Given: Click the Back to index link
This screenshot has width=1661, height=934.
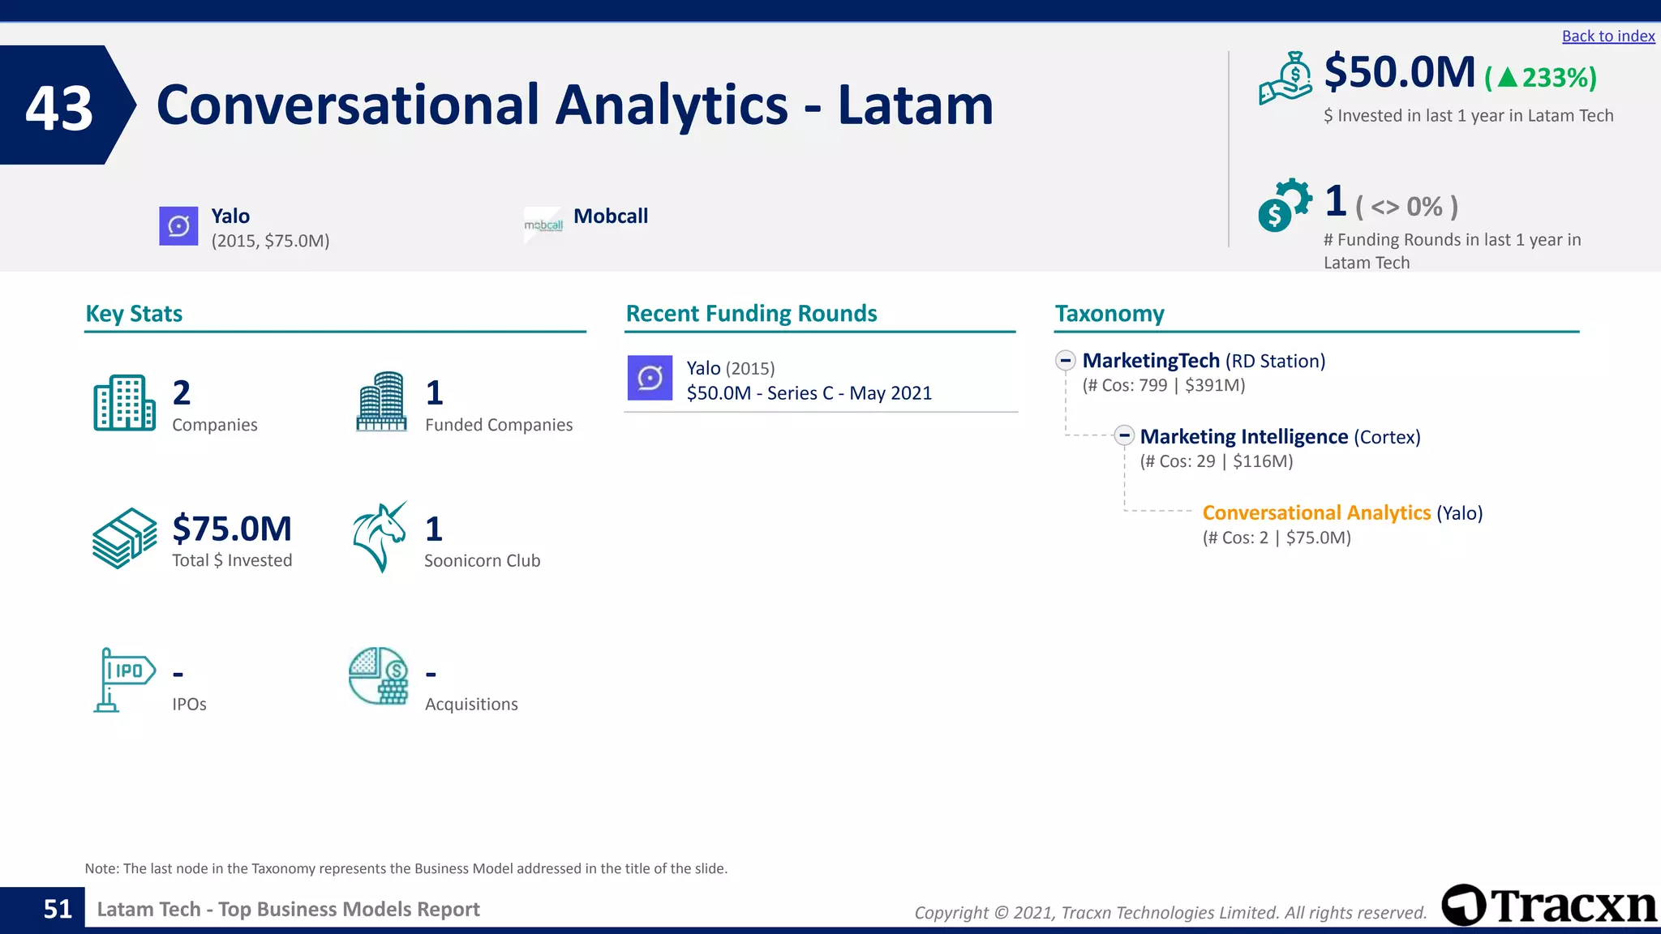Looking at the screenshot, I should tap(1607, 36).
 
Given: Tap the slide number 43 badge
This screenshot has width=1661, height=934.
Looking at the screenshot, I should tap(60, 106).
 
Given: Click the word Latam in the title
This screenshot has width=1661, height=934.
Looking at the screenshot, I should tap(915, 105).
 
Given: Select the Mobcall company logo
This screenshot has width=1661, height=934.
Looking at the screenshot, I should tap(543, 225).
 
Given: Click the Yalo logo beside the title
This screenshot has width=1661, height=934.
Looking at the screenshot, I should tap(178, 225).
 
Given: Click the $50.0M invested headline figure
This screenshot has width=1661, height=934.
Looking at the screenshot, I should tap(1399, 72).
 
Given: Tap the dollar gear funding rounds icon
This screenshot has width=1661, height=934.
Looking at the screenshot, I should tap(1284, 205).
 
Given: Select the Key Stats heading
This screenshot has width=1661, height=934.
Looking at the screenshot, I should tap(134, 314).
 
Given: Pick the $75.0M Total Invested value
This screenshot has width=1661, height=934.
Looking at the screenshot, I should tap(232, 529).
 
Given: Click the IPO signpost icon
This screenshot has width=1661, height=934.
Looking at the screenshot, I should tap(123, 679).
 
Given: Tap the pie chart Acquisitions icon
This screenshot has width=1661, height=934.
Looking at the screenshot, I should tap(379, 675).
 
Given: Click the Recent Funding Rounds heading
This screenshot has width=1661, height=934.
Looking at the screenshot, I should tap(751, 314).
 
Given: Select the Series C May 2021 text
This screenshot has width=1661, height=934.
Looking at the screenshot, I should tap(809, 393).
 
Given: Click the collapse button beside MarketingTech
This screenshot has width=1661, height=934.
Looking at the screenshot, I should tap(1066, 361).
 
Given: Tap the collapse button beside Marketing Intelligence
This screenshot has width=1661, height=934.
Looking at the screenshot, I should tap(1123, 436).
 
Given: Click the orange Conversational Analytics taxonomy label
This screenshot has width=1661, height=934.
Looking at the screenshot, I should tap(1316, 513).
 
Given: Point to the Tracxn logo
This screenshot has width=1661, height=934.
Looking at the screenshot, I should tap(1549, 905).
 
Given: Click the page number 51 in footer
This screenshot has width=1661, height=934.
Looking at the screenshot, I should tap(58, 909).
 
